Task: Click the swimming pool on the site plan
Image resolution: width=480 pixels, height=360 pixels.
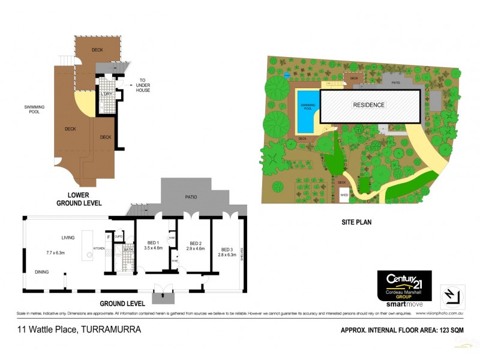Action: point(307,112)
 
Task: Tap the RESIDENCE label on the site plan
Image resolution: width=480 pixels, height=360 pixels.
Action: point(368,105)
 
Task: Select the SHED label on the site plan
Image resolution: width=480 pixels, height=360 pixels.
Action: point(344,195)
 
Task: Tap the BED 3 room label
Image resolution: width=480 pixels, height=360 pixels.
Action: point(226,250)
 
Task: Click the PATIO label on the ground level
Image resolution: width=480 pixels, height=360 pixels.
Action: point(190,197)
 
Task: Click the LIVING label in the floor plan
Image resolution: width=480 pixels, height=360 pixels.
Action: point(67,238)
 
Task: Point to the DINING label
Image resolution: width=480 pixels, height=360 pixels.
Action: point(42,272)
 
